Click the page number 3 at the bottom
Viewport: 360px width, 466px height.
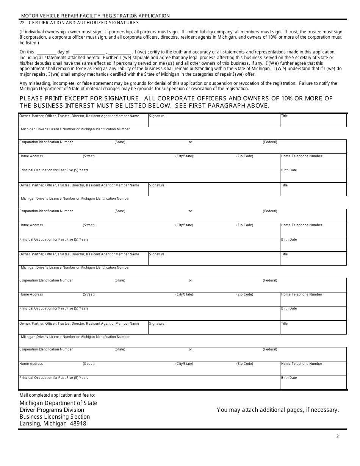(337, 436)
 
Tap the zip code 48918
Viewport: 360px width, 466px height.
(78, 424)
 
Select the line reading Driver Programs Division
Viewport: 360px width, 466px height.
(52, 410)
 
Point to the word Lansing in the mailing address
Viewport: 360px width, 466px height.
(30, 424)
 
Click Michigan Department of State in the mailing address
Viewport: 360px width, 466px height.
(58, 403)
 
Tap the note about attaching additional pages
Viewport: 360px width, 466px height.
(278, 410)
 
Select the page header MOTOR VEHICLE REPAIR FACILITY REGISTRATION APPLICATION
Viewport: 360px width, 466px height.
(95, 16)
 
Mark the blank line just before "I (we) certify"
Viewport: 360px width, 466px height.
(120, 52)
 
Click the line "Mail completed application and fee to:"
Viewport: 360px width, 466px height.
(57, 395)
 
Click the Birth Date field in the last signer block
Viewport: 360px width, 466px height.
(313, 384)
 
